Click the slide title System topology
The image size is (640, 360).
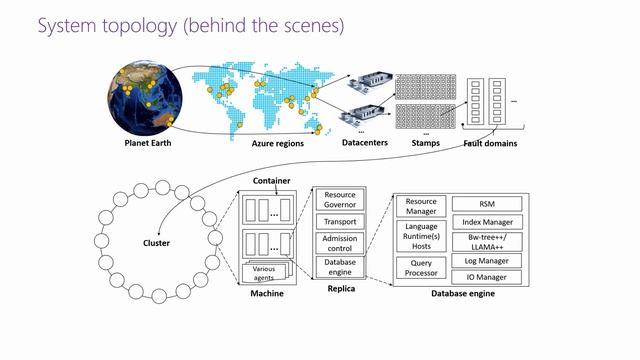190,25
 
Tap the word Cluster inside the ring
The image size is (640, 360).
156,242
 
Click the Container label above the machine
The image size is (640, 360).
272,181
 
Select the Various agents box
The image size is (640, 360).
265,271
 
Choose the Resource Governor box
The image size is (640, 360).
341,199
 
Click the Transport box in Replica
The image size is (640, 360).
341,221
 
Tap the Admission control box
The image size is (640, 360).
341,243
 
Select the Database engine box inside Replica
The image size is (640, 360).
341,266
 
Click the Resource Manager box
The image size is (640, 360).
421,207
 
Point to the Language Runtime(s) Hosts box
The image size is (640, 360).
421,235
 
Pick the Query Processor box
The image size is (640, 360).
421,268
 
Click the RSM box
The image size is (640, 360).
487,203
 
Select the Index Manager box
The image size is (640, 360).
487,221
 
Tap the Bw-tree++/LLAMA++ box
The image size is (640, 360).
487,241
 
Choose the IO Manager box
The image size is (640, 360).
487,277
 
